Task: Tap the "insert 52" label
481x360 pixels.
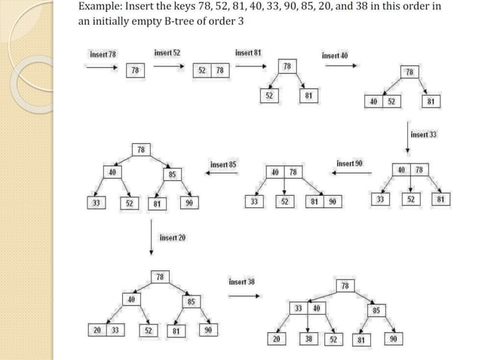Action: coord(167,52)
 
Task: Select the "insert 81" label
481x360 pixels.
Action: coord(248,52)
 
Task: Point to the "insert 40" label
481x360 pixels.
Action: coord(335,55)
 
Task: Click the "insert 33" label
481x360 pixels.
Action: coord(424,134)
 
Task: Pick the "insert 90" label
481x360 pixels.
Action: coord(349,163)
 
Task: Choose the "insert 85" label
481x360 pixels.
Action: coord(223,164)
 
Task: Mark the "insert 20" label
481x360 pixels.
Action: coord(173,237)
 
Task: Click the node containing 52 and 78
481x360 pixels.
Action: coord(211,70)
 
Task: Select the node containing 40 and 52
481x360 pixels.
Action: coord(383,102)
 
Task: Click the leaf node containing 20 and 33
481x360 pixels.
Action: coord(106,329)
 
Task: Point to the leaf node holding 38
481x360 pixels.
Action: coord(308,339)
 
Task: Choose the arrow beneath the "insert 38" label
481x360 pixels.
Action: coord(242,295)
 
